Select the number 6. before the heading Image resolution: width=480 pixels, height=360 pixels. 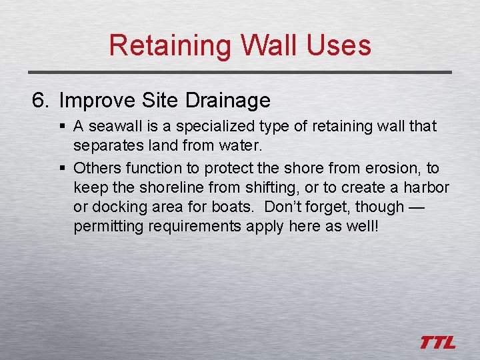coord(41,101)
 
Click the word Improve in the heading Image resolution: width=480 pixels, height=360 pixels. coord(98,101)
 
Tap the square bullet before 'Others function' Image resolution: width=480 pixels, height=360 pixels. coord(63,169)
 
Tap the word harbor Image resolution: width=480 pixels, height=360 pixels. coord(426,187)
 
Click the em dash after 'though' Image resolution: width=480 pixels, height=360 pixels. coord(416,207)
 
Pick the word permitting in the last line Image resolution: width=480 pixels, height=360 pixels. coord(108,226)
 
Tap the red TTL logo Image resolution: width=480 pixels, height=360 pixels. coord(438,343)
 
